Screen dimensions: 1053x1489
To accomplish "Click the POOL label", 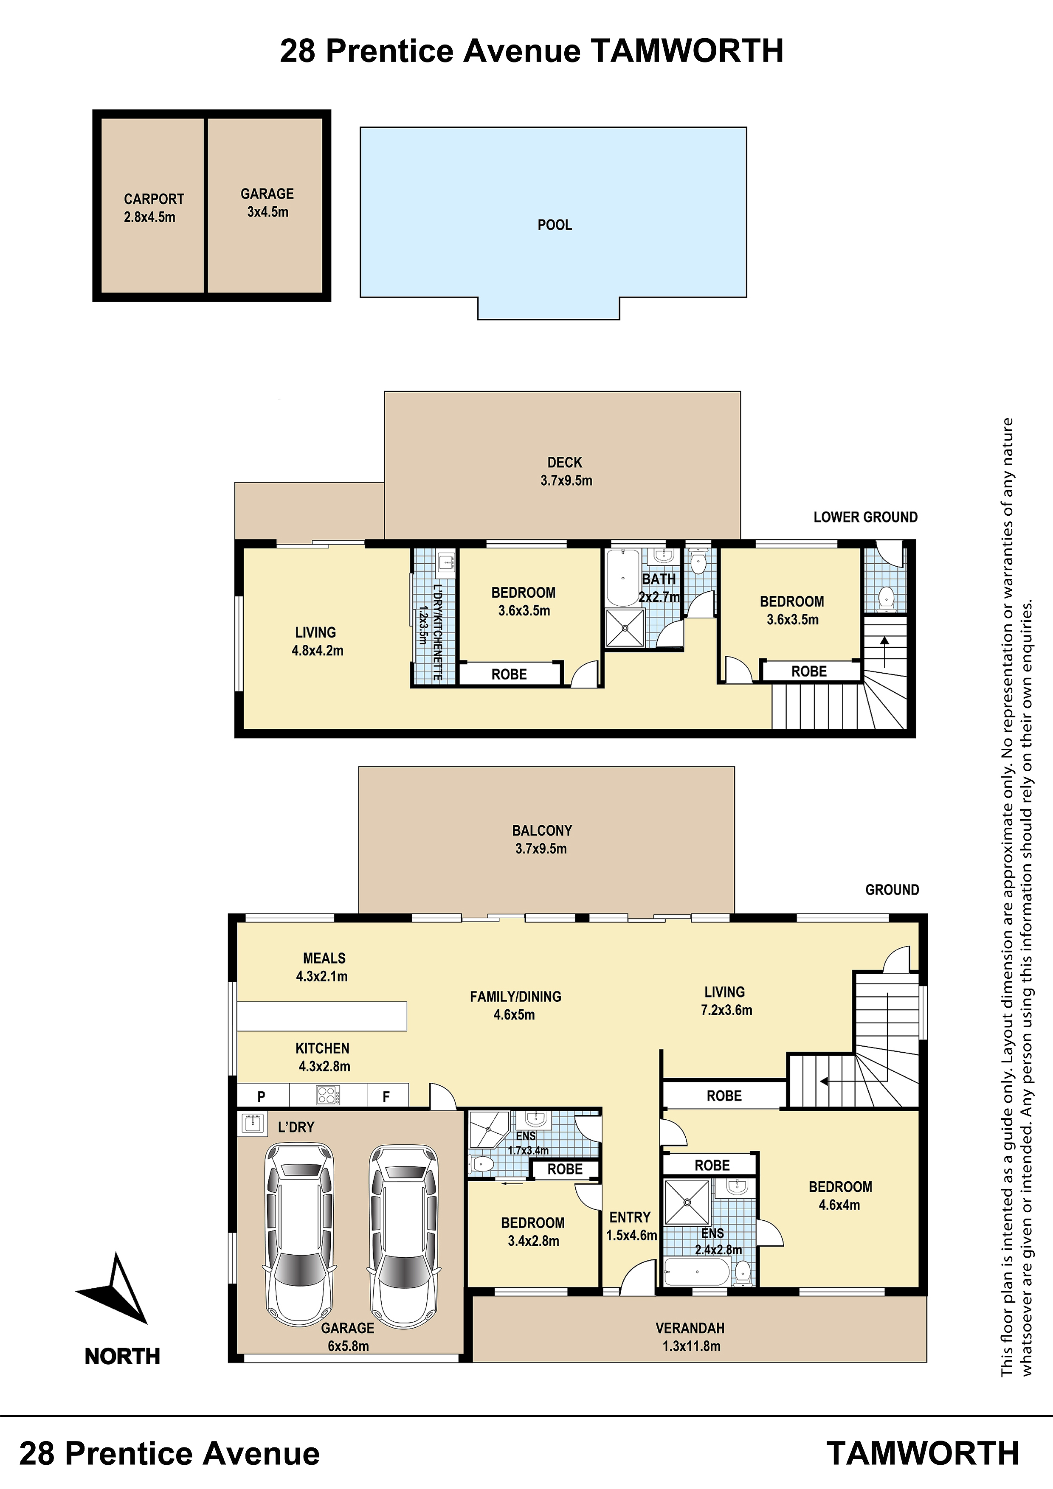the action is click(x=555, y=225).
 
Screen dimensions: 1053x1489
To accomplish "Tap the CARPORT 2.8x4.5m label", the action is click(x=154, y=208).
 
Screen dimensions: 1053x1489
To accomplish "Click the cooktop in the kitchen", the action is click(x=327, y=1096).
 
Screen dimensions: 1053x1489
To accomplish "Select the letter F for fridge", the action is click(x=386, y=1097).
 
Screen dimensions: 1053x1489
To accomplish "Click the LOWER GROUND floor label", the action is click(x=865, y=517).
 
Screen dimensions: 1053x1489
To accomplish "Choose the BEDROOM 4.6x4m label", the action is click(x=840, y=1196).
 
